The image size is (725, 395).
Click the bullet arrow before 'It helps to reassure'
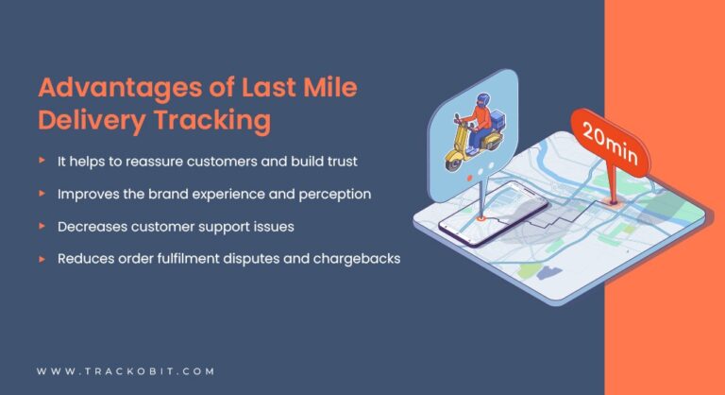pos(42,161)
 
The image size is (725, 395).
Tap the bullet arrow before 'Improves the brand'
pos(42,193)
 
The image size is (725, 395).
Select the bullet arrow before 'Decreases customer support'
pos(42,225)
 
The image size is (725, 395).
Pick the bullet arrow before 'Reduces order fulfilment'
pos(42,257)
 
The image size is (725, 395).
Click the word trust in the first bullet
pos(337,162)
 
